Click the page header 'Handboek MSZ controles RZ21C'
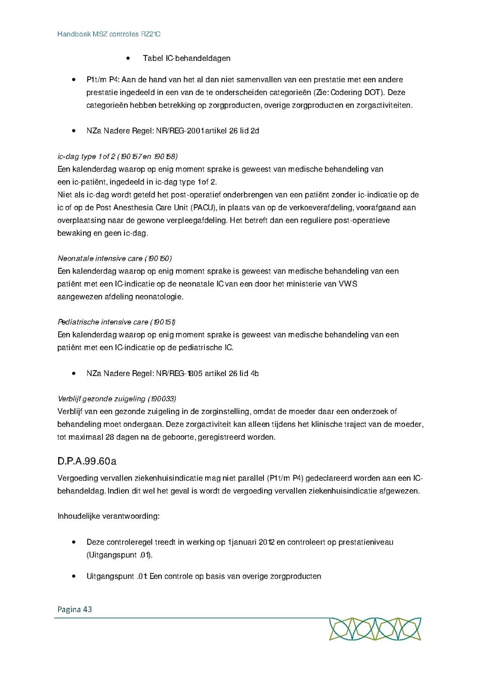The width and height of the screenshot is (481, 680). pyautogui.click(x=109, y=34)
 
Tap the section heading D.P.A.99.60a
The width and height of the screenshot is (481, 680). pyautogui.click(x=87, y=461)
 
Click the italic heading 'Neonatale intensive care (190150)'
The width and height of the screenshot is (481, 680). pyautogui.click(x=114, y=259)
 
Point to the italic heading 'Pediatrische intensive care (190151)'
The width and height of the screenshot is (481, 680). pyautogui.click(x=117, y=322)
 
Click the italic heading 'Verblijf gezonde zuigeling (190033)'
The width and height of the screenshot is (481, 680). pyautogui.click(x=117, y=398)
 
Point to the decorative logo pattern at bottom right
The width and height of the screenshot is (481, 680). pyautogui.click(x=375, y=629)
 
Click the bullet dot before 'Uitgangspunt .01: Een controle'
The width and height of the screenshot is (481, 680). pyautogui.click(x=73, y=576)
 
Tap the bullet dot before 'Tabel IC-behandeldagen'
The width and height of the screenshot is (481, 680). pyautogui.click(x=128, y=58)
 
